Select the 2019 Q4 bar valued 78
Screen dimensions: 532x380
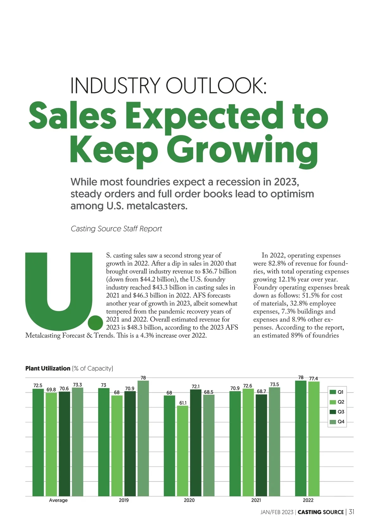tap(143, 438)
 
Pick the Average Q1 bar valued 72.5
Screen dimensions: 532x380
tap(38, 442)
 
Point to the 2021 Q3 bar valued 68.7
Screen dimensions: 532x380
tap(261, 445)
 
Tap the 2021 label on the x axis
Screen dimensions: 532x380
tap(256, 500)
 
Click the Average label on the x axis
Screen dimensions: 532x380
tap(58, 500)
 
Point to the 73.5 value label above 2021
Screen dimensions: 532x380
tap(275, 384)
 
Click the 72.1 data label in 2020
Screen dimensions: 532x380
tap(196, 387)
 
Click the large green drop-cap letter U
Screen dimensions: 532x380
tap(59, 287)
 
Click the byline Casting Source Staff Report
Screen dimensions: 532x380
tap(116, 229)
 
